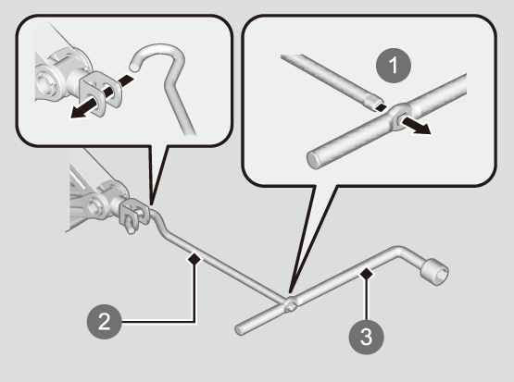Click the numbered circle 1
click(x=393, y=66)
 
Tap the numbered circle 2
click(x=105, y=322)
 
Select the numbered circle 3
click(x=366, y=337)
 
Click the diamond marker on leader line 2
click(x=194, y=259)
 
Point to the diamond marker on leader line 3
click(x=367, y=274)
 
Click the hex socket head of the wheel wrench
click(x=434, y=272)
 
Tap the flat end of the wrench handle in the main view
click(x=240, y=330)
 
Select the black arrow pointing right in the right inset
click(x=417, y=127)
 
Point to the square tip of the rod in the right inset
click(x=374, y=102)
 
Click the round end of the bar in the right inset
click(x=313, y=160)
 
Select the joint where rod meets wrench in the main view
click(x=290, y=303)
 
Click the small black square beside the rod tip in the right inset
click(x=382, y=107)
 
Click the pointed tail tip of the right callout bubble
click(x=290, y=291)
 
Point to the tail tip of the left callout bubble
click(x=152, y=204)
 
